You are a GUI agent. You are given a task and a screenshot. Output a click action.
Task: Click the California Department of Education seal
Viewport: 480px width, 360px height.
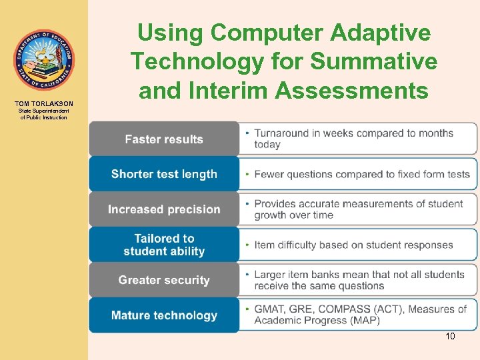(x=43, y=60)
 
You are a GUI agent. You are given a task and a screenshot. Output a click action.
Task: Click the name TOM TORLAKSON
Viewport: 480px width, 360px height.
(x=44, y=104)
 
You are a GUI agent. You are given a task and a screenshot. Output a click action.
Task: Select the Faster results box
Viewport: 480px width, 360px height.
(x=164, y=139)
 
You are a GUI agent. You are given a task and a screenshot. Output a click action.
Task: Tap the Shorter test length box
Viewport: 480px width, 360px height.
(x=164, y=174)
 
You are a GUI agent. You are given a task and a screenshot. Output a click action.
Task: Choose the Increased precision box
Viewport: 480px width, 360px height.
(x=164, y=209)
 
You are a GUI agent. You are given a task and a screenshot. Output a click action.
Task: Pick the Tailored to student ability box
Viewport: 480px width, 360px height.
(x=164, y=245)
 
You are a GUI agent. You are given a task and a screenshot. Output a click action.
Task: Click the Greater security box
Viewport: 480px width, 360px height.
(x=164, y=280)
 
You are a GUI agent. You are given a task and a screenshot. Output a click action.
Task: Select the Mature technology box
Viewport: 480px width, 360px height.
(x=164, y=315)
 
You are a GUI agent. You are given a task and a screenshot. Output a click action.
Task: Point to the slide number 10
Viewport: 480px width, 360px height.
(x=450, y=337)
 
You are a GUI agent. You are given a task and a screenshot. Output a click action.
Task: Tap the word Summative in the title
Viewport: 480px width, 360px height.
(x=375, y=61)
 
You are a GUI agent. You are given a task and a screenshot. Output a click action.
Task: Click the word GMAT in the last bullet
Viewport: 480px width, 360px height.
(x=270, y=309)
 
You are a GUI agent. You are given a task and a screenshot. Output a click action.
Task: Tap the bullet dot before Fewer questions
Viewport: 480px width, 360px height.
(x=247, y=174)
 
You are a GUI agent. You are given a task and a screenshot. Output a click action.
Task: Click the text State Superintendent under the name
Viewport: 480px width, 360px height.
(x=44, y=111)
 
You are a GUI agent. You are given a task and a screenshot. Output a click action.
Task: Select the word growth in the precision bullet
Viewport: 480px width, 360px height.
(x=272, y=215)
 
